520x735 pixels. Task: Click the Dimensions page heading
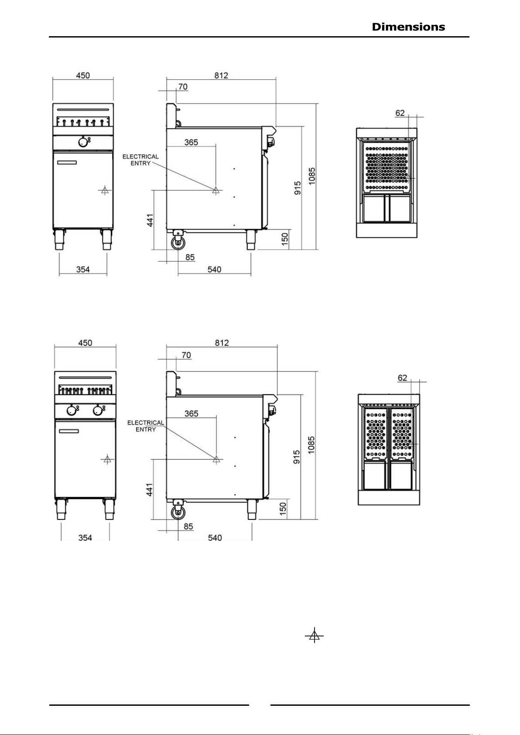[x=408, y=27]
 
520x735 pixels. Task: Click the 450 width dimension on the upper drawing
[x=83, y=75]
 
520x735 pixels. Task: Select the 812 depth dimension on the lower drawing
[x=222, y=343]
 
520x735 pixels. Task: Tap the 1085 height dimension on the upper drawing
[x=312, y=176]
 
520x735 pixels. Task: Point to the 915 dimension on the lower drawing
[x=297, y=457]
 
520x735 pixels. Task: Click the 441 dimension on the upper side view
[x=150, y=220]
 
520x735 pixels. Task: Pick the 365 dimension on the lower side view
[x=191, y=414]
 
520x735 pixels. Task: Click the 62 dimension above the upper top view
[x=400, y=113]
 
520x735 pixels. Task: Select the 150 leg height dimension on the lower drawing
[x=283, y=509]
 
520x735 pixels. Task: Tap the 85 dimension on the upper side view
[x=190, y=257]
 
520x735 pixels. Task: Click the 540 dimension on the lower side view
[x=215, y=538]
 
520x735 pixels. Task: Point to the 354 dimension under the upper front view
[x=83, y=270]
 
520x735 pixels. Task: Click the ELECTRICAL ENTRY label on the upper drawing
[x=140, y=160]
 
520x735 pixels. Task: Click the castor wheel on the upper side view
[x=178, y=243]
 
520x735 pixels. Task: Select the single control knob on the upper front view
[x=83, y=142]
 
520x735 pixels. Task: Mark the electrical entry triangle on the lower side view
[x=216, y=459]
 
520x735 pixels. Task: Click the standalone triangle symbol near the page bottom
[x=314, y=635]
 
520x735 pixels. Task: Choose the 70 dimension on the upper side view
[x=183, y=87]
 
